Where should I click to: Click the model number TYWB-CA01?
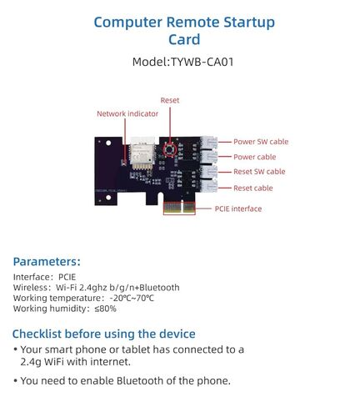point(202,62)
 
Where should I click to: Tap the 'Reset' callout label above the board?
point(170,100)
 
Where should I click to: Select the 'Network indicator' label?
point(127,113)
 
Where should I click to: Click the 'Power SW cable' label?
point(261,142)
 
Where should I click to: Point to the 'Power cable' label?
point(255,157)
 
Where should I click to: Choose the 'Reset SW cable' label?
point(259,172)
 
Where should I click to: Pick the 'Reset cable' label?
point(253,188)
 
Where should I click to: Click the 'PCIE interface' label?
point(238,209)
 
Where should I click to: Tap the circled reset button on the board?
point(169,149)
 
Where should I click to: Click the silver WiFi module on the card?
point(142,153)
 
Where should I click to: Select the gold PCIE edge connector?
point(179,208)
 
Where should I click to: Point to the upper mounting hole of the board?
point(108,143)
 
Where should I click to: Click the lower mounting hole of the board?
point(108,198)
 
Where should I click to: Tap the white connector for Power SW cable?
point(208,143)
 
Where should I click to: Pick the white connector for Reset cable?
point(208,187)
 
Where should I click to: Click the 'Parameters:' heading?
point(47,262)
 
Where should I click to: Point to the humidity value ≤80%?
point(105,309)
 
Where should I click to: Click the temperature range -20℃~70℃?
point(132,298)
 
